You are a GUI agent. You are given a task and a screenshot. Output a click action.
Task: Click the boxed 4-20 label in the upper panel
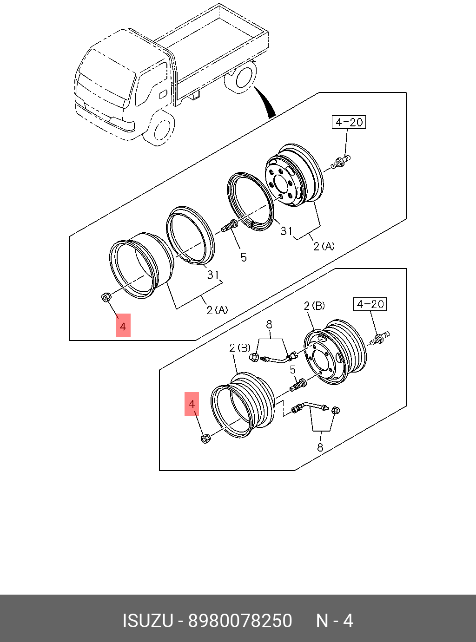[x=349, y=122]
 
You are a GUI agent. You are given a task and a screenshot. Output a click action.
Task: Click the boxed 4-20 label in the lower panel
[x=370, y=304]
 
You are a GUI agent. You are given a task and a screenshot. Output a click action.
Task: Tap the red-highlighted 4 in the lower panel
[x=192, y=404]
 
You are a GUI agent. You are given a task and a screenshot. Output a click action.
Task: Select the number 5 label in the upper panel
[x=244, y=257]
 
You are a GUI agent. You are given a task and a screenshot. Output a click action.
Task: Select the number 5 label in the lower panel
[x=293, y=370]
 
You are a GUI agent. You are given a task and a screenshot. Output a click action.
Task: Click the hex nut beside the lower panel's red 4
[x=205, y=438]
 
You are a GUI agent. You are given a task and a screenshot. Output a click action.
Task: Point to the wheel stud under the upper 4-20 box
[x=341, y=162]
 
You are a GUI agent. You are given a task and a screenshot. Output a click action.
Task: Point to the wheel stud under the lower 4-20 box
[x=380, y=338]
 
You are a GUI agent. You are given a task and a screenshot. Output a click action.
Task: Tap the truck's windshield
[x=106, y=74]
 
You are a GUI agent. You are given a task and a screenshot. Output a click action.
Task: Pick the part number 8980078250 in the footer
[x=240, y=621]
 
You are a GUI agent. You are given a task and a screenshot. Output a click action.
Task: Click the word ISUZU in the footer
[x=147, y=621]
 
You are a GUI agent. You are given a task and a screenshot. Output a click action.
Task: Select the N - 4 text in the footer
[x=335, y=621]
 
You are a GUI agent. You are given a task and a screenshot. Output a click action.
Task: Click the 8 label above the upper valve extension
[x=269, y=325]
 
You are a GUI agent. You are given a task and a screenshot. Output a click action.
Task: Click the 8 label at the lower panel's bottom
[x=320, y=448]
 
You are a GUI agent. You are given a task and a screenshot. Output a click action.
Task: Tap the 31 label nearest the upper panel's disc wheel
[x=286, y=231]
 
